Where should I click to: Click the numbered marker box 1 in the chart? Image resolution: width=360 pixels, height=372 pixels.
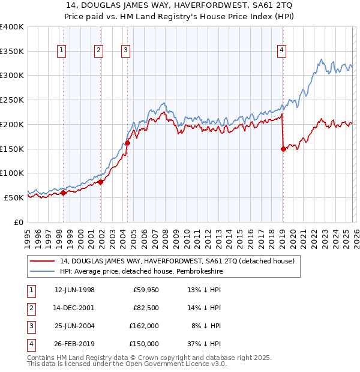(x=62, y=51)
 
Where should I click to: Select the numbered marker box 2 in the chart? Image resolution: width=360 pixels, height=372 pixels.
(x=98, y=51)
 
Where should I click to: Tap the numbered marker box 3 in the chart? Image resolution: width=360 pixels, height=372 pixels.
(x=125, y=51)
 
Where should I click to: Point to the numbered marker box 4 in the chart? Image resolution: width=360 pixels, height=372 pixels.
(x=281, y=51)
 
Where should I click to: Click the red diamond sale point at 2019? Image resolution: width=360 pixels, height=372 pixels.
(x=283, y=149)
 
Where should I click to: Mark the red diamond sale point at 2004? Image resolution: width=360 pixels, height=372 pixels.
(x=127, y=143)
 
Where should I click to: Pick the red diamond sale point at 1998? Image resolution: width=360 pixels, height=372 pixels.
(x=64, y=193)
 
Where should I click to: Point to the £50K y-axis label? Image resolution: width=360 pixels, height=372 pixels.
(x=14, y=197)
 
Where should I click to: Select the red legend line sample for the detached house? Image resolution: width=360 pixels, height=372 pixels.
(x=42, y=261)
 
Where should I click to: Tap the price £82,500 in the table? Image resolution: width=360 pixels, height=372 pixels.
(x=146, y=308)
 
